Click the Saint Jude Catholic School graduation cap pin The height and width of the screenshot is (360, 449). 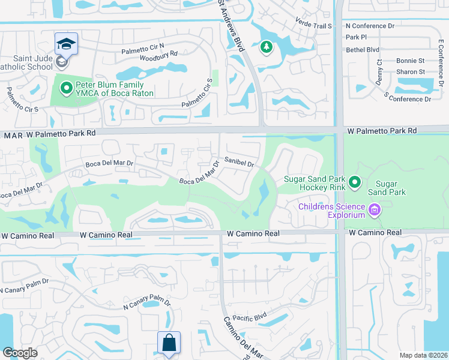pos(66,43)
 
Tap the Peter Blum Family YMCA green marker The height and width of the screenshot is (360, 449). pos(67,88)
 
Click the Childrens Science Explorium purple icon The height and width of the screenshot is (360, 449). pos(375,210)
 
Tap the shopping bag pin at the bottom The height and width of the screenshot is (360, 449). pos(169,343)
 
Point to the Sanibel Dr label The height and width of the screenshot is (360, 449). pos(240,163)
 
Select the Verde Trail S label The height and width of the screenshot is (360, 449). pos(313,26)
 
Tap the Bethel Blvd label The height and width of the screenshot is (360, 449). pos(363,49)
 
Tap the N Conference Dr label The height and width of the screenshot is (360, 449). pos(370,26)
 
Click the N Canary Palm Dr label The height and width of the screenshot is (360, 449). pos(146,304)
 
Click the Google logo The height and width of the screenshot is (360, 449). pos(19,352)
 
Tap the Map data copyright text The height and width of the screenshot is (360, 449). pos(424,355)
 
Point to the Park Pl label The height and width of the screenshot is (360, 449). pos(355,37)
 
